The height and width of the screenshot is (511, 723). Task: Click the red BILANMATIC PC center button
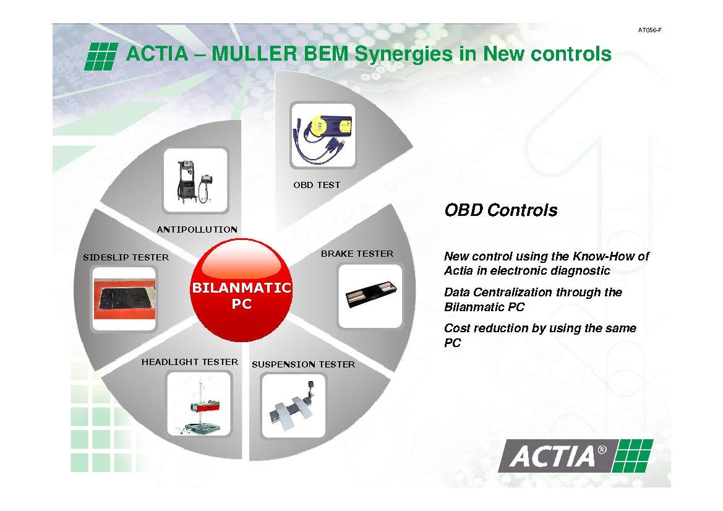click(x=241, y=290)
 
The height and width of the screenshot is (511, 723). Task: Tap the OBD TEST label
click(x=317, y=185)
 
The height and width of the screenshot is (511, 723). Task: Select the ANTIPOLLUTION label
click(x=197, y=230)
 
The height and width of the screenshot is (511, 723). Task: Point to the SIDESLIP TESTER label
click(x=126, y=257)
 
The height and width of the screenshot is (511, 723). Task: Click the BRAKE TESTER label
click(x=357, y=254)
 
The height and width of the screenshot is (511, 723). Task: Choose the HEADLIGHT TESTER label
click(x=190, y=362)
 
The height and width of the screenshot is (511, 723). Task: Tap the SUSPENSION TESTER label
click(x=304, y=364)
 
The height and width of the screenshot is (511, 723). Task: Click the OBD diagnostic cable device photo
click(x=323, y=135)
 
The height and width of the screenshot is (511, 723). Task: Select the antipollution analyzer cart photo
click(x=196, y=181)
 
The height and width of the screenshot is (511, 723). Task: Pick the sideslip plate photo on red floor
click(x=124, y=299)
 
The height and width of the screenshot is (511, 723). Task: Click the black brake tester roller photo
click(x=370, y=296)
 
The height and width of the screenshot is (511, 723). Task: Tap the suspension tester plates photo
click(x=293, y=406)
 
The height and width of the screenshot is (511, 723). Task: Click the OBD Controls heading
click(x=501, y=210)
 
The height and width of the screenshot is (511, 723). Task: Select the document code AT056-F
click(x=649, y=30)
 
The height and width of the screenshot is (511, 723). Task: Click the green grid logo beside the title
click(x=101, y=56)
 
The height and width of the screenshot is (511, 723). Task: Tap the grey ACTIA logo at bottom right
click(x=575, y=456)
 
